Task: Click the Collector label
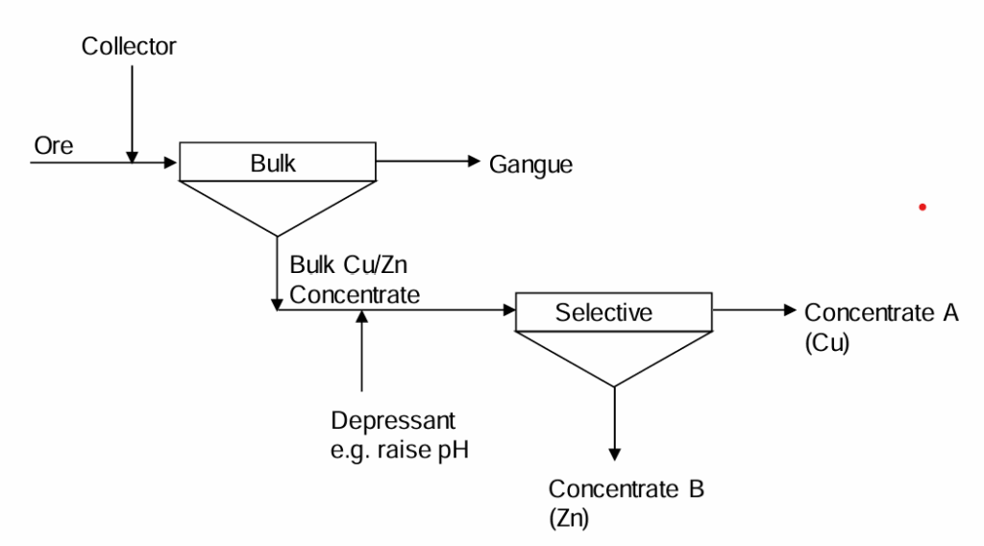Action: click(x=129, y=46)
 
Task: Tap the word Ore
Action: click(x=54, y=145)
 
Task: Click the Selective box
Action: click(x=613, y=312)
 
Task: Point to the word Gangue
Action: click(x=530, y=165)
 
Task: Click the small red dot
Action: click(x=922, y=207)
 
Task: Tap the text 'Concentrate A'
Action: click(x=880, y=312)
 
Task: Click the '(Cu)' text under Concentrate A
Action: click(x=826, y=343)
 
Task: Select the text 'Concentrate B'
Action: click(x=626, y=489)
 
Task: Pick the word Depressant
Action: click(x=393, y=421)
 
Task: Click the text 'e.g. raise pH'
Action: click(x=400, y=450)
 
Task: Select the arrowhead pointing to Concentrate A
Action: click(x=790, y=310)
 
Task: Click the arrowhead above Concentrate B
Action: click(x=614, y=453)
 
